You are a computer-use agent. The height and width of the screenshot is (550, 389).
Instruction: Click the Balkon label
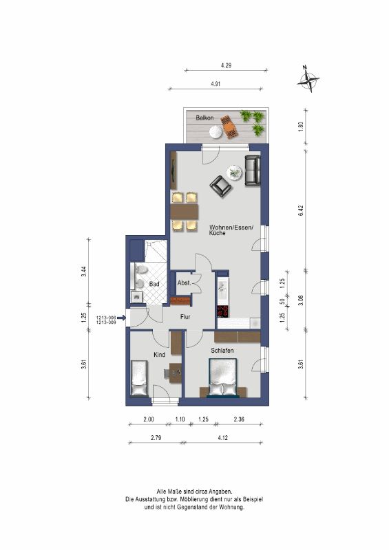click(x=204, y=118)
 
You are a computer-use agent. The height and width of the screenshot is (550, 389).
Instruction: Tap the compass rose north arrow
click(x=308, y=79)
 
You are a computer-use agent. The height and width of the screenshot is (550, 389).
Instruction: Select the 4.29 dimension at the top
click(x=226, y=65)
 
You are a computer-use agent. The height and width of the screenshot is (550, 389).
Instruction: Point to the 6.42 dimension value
click(x=301, y=210)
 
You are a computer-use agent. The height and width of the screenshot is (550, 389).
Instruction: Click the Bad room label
click(x=154, y=284)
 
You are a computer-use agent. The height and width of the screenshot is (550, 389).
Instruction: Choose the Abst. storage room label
click(x=184, y=283)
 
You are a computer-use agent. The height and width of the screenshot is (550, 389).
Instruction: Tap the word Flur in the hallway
click(x=185, y=317)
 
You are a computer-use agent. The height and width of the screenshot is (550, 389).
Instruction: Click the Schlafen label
click(x=222, y=351)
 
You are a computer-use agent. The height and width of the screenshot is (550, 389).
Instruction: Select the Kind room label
click(x=159, y=355)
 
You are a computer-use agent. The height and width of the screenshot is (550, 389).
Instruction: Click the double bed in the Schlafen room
click(x=223, y=377)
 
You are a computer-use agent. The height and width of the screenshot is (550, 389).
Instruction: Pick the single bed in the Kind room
click(x=139, y=377)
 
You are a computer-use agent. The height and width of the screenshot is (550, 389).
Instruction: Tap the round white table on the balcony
click(x=215, y=132)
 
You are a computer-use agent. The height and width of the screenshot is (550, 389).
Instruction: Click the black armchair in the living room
click(x=221, y=186)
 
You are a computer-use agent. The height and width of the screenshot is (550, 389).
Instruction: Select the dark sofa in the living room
click(x=253, y=170)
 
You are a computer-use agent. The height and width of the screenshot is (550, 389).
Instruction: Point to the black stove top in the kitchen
click(x=223, y=311)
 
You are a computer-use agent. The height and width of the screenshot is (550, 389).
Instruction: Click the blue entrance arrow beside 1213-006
click(x=121, y=318)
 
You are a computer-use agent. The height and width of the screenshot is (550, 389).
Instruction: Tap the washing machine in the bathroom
click(x=136, y=298)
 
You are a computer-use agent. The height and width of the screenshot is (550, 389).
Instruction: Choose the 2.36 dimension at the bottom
click(x=239, y=419)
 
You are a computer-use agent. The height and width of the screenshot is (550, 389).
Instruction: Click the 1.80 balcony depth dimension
click(x=300, y=126)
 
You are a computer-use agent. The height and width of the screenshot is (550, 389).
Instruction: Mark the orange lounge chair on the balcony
click(x=230, y=126)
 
